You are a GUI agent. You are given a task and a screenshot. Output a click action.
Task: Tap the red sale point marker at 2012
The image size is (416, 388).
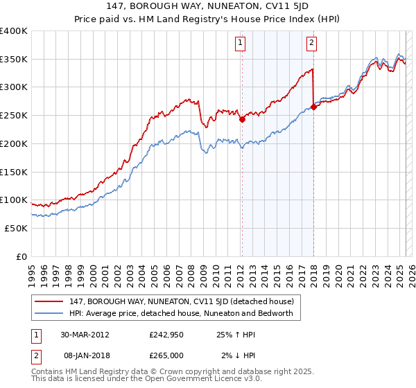click(x=242, y=119)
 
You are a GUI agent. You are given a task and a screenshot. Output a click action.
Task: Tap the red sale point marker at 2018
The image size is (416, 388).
click(x=313, y=107)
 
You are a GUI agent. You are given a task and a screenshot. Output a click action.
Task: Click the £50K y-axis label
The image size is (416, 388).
click(x=16, y=228)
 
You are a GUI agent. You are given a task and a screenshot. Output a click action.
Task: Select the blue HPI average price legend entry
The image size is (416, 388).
click(x=181, y=313)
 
